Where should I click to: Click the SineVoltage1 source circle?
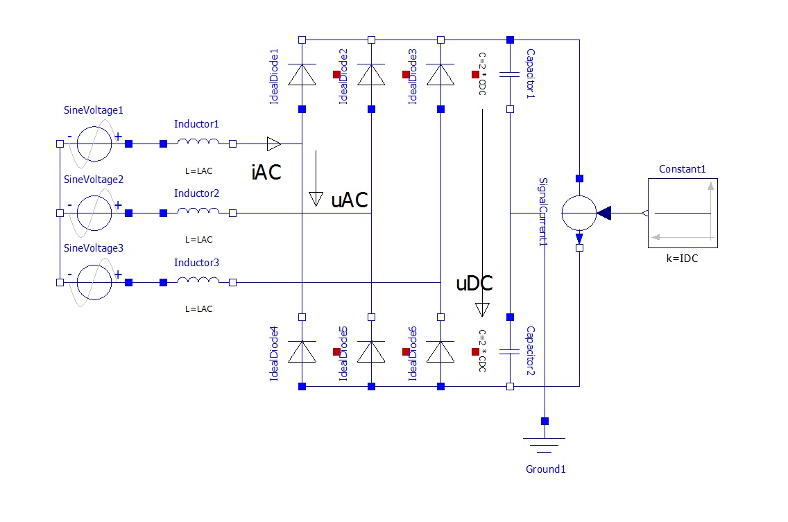(94, 143)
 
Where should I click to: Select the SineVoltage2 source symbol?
(94, 213)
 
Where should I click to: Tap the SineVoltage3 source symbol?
(94, 282)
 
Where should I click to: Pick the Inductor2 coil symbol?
(198, 212)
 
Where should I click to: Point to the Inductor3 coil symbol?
(198, 281)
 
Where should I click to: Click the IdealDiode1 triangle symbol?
(302, 74)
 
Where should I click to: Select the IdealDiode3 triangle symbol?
(440, 74)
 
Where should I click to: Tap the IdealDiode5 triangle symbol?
(371, 351)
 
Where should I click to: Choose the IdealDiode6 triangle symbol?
(440, 351)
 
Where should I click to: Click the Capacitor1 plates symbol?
(510, 74)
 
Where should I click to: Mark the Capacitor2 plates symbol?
(510, 351)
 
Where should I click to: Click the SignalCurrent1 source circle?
(579, 213)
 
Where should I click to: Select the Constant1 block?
(683, 213)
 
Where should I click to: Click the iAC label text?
(266, 172)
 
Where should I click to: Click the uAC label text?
(349, 200)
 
